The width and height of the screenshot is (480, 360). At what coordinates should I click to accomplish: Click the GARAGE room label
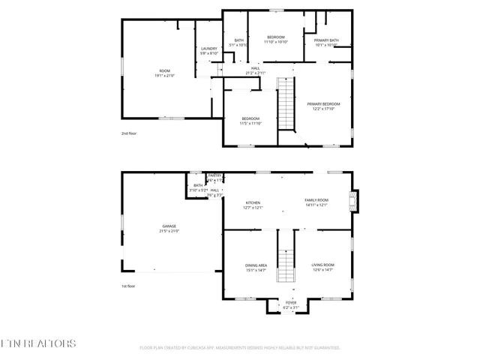[169, 226]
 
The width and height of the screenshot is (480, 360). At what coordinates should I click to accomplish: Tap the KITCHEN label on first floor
[253, 202]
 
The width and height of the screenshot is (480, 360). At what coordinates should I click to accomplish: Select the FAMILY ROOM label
[316, 200]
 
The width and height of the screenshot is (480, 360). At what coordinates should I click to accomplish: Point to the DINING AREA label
[256, 265]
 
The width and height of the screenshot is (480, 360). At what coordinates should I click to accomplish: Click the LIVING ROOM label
[322, 265]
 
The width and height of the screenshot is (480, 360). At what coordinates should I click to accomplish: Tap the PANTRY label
[214, 175]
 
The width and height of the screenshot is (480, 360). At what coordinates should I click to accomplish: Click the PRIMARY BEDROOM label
[326, 103]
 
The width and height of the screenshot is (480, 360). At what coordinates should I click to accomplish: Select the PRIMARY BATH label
[326, 40]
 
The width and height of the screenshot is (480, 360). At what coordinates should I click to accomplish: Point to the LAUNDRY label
[209, 49]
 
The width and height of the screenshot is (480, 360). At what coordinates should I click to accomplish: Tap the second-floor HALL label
[256, 68]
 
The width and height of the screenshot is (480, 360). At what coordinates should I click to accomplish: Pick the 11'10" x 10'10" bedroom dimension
[276, 42]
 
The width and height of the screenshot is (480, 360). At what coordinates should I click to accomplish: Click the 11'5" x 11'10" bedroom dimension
[250, 123]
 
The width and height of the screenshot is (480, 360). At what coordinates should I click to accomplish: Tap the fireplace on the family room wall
[357, 200]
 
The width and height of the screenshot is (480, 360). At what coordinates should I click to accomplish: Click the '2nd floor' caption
[130, 133]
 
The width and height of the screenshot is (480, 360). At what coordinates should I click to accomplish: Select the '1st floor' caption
[129, 286]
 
